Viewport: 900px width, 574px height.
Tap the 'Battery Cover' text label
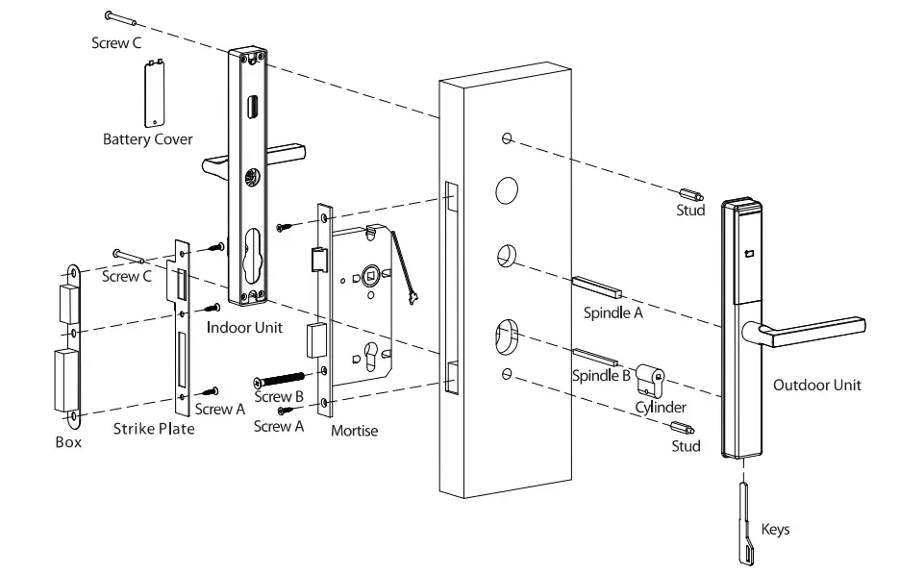[x=148, y=139]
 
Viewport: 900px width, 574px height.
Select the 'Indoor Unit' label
[x=245, y=327]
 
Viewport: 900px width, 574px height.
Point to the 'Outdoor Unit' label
[x=817, y=385]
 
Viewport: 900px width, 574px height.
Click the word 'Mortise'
[x=354, y=431]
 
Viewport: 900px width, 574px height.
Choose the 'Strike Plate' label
[x=154, y=428]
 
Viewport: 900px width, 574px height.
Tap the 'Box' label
[x=68, y=442]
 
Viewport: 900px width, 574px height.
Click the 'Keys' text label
[x=776, y=529]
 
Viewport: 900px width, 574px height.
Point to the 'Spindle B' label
[x=601, y=376]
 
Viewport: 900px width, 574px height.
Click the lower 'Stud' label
[x=687, y=446]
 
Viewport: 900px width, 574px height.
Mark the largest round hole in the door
[x=507, y=190]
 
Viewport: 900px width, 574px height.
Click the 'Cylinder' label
[x=661, y=408]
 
